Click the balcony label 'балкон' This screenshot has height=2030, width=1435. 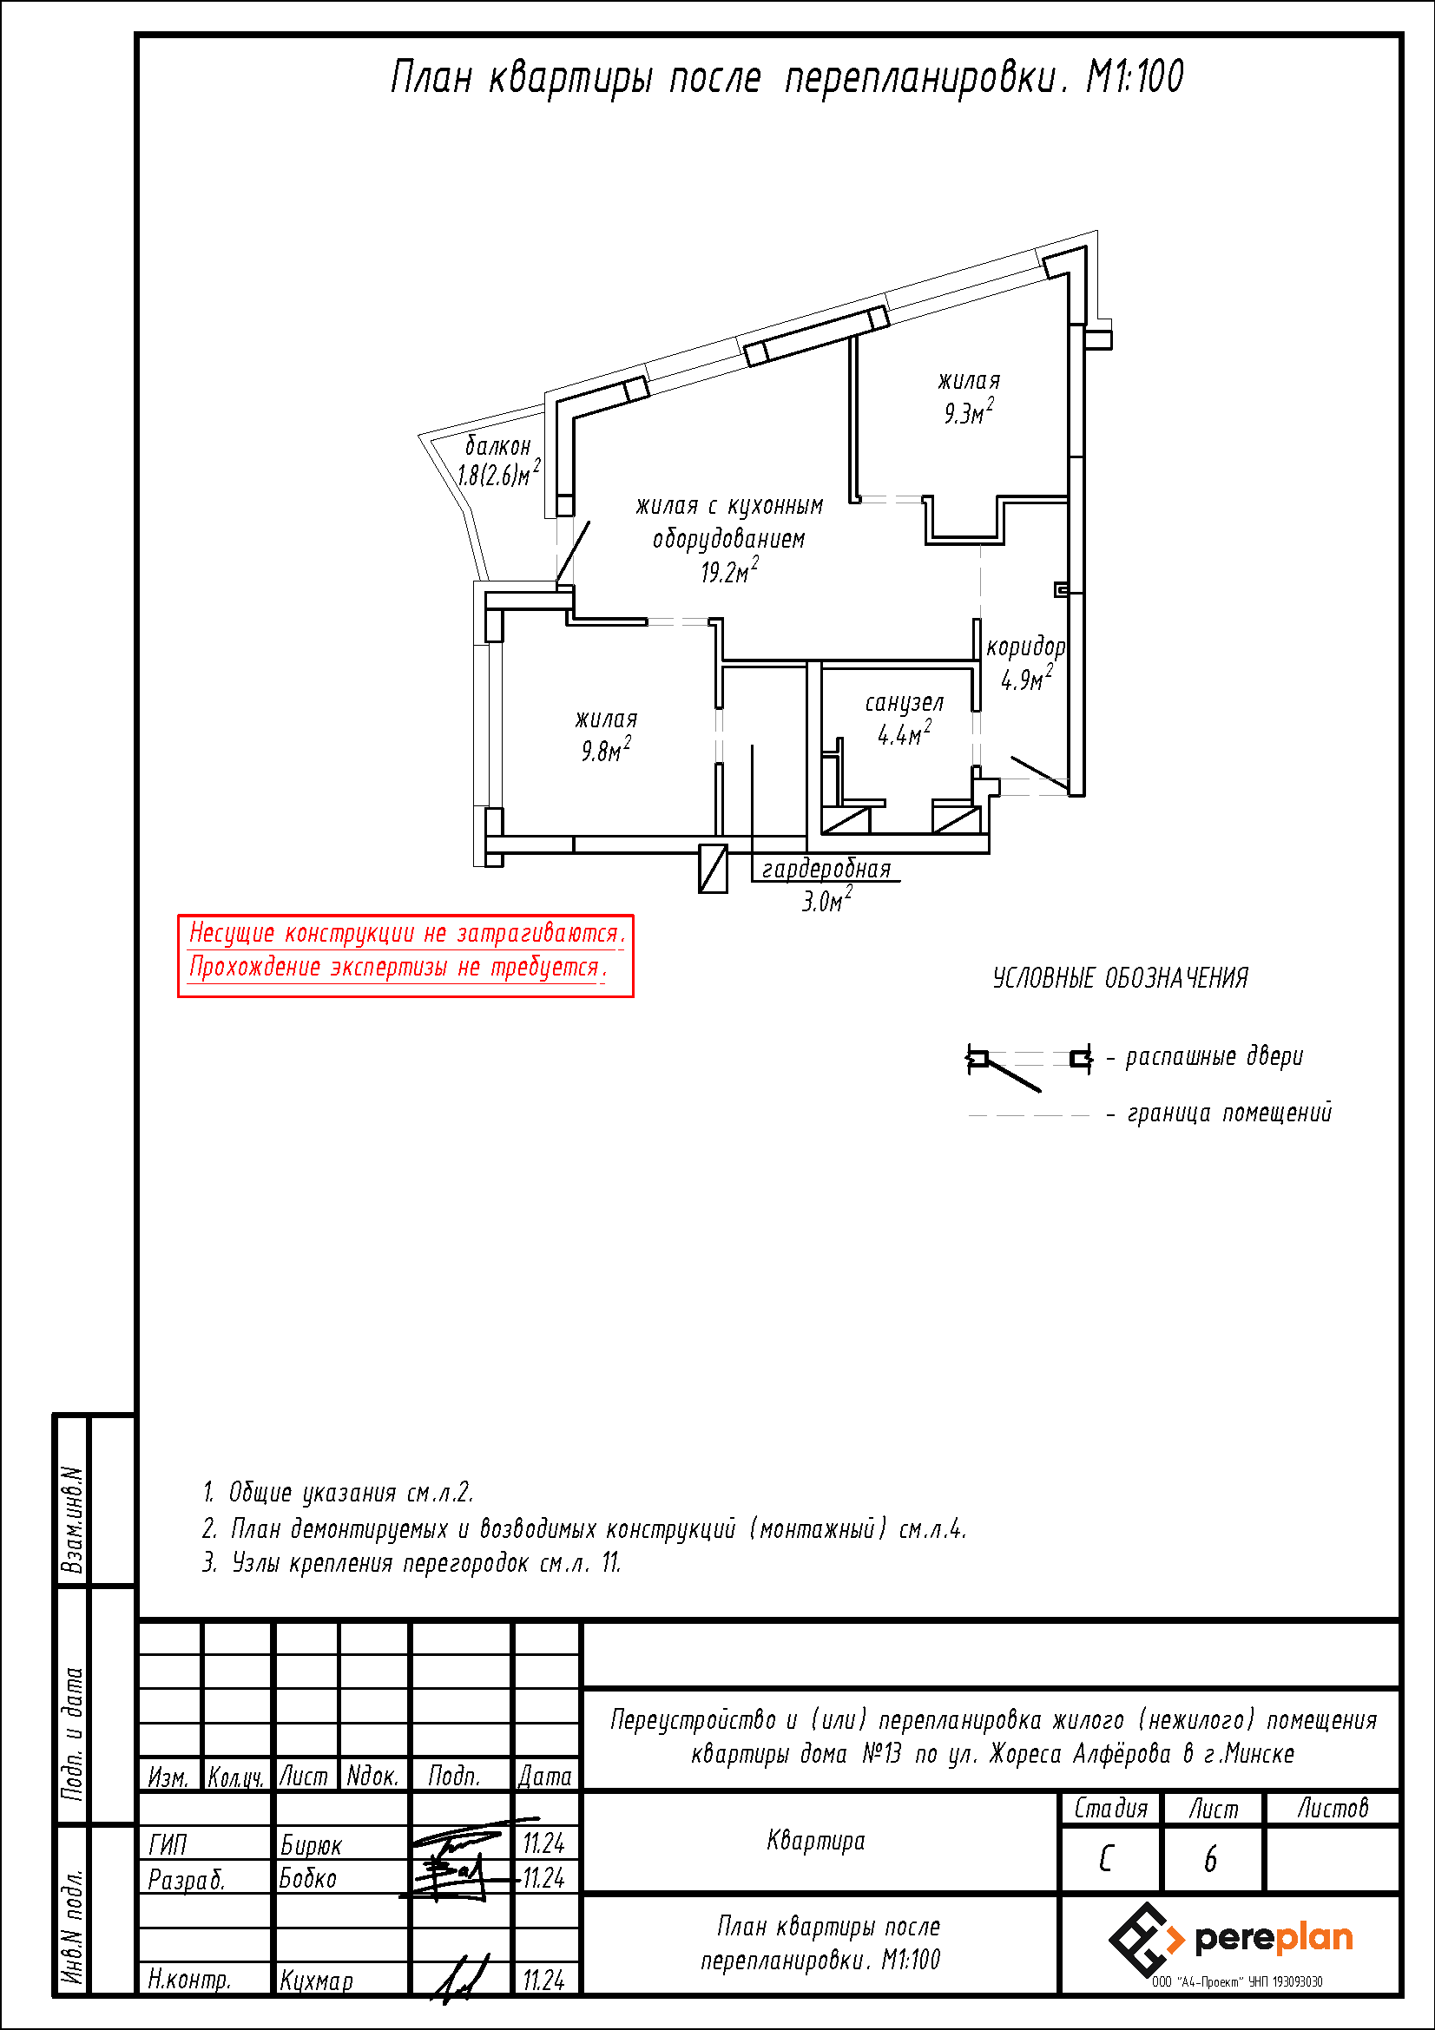pyautogui.click(x=497, y=445)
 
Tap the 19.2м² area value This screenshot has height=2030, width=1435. pyautogui.click(x=729, y=571)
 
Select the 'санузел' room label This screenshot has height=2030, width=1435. pyautogui.click(x=904, y=703)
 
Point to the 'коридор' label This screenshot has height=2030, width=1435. pyautogui.click(x=1025, y=647)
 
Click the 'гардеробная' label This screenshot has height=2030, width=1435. pyautogui.click(x=826, y=869)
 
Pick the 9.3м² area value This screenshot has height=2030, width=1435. pyautogui.click(x=969, y=411)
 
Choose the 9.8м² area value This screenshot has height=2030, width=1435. pyautogui.click(x=606, y=749)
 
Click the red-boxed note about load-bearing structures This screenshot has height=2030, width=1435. pyautogui.click(x=405, y=956)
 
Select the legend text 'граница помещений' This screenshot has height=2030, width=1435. pyautogui.click(x=1229, y=1113)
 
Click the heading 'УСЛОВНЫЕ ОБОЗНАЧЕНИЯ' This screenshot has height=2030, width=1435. pyautogui.click(x=1120, y=978)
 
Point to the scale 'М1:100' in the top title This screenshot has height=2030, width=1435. pyautogui.click(x=1135, y=77)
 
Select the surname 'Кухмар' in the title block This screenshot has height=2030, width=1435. pyautogui.click(x=316, y=1981)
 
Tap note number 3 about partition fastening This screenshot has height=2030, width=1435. pyautogui.click(x=412, y=1563)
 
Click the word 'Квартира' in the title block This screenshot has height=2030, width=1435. pyautogui.click(x=816, y=1841)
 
